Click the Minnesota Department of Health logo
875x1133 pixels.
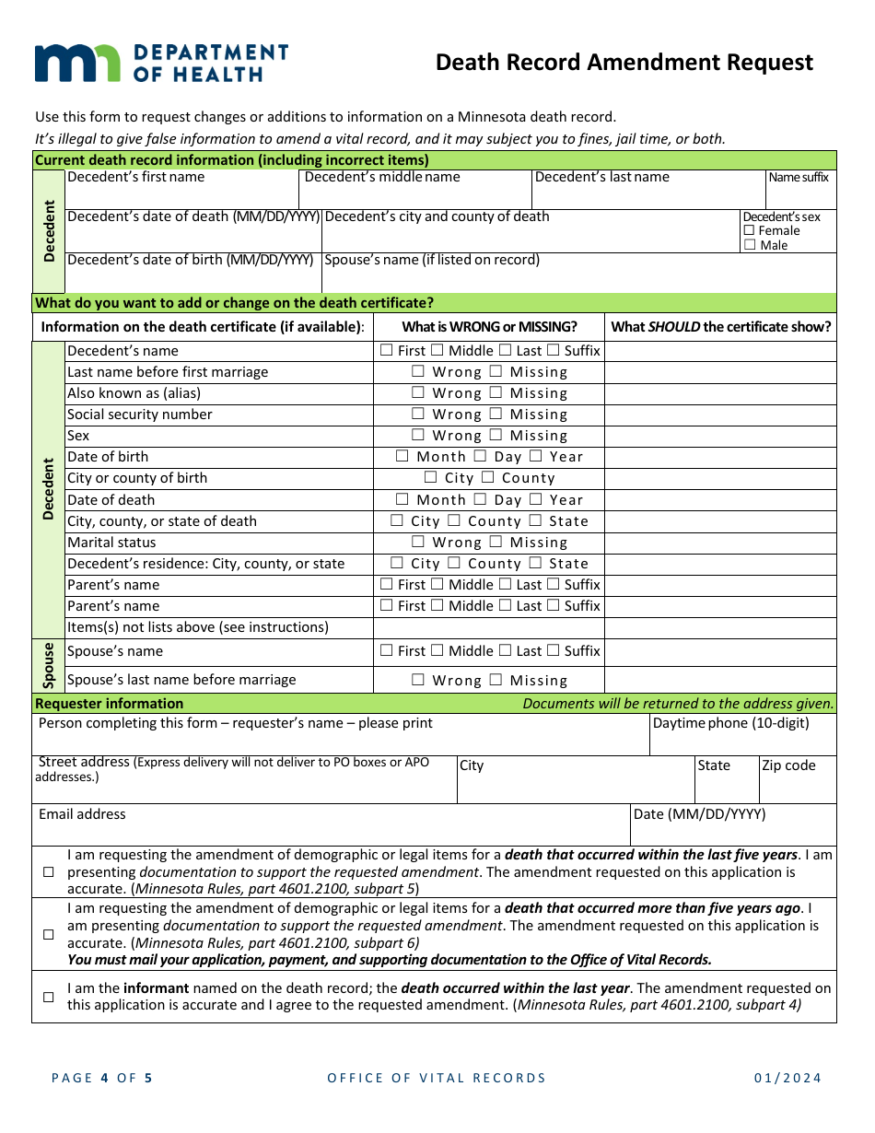161,63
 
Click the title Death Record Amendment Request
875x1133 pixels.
624,63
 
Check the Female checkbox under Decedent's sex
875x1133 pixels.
750,231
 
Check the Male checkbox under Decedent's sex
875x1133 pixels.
750,245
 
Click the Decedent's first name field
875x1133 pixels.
181,195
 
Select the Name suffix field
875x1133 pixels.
800,195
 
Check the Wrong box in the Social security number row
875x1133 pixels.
418,415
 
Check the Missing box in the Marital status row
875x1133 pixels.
496,543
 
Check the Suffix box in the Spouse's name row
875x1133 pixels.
553,651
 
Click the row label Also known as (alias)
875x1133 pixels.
134,393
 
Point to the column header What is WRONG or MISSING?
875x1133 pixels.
489,327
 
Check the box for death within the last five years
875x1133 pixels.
49,872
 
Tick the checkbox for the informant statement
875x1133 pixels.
49,997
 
